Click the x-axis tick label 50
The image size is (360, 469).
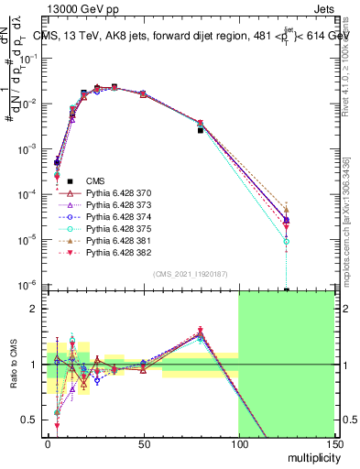pyautogui.click(x=143, y=445)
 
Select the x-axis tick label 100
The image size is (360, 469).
pyautogui.click(x=238, y=445)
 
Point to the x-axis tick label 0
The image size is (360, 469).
pyautogui.click(x=48, y=445)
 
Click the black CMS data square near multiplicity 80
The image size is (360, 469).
pyautogui.click(x=201, y=130)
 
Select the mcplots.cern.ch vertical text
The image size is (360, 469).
pyautogui.click(x=352, y=211)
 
